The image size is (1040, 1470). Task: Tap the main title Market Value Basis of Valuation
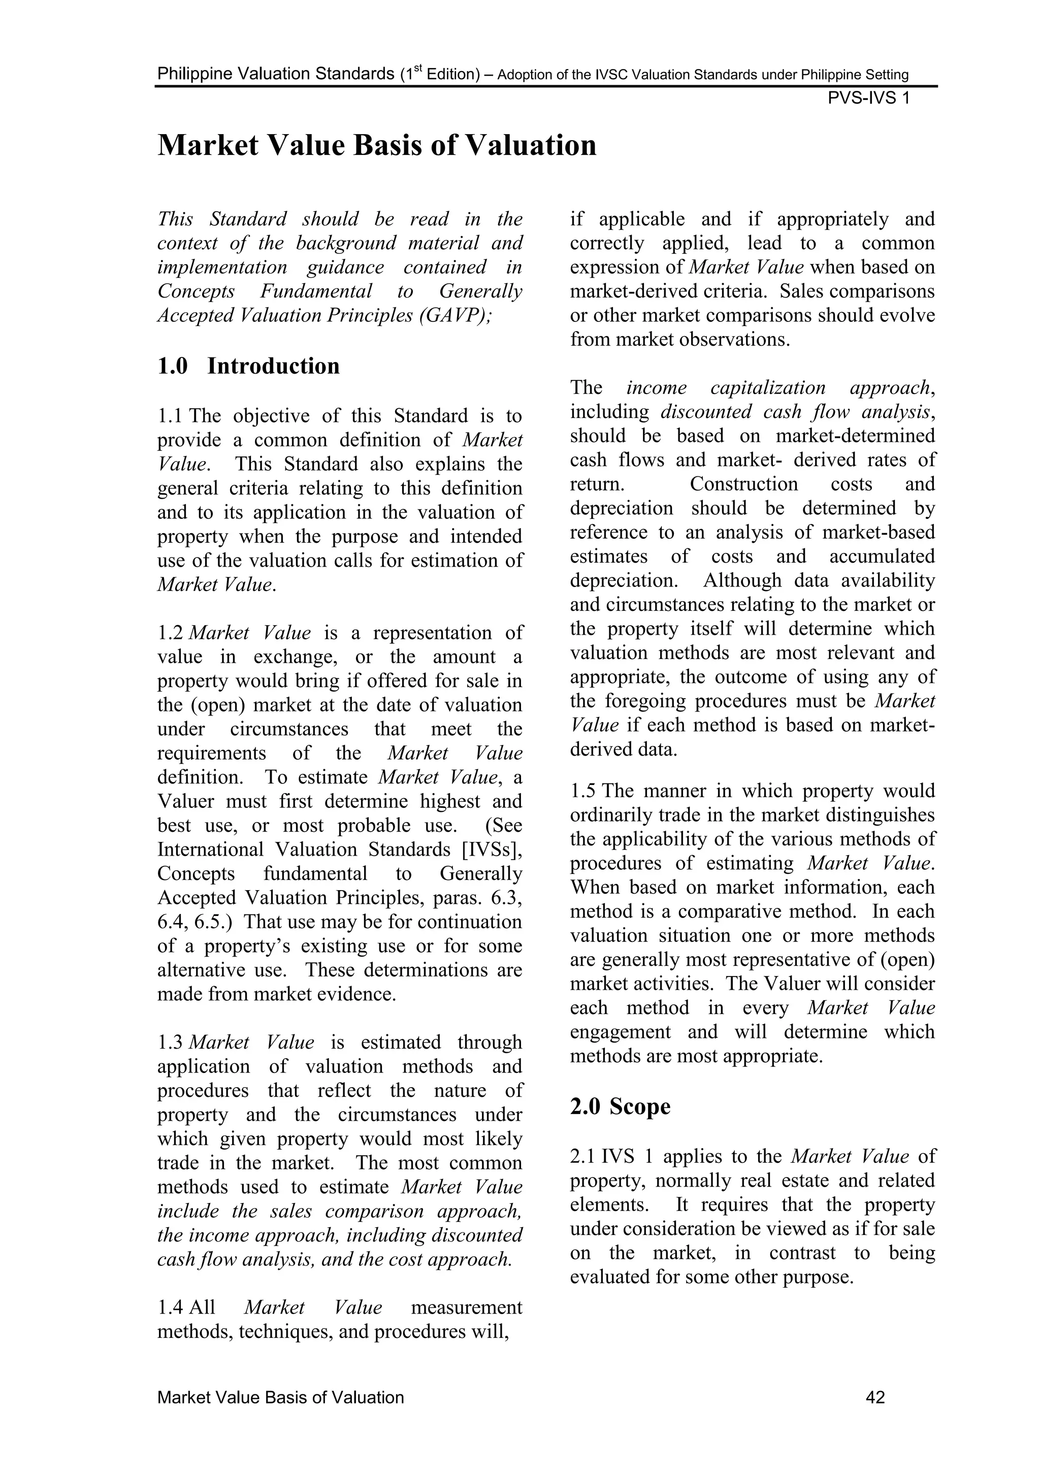(x=377, y=145)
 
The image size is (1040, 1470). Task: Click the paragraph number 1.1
(x=170, y=416)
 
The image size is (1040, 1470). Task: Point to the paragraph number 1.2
(x=170, y=633)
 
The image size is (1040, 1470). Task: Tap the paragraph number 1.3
(x=170, y=1042)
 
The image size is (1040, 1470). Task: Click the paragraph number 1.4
(x=170, y=1308)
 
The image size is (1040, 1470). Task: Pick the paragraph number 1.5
(x=583, y=791)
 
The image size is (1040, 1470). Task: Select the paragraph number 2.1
(x=583, y=1156)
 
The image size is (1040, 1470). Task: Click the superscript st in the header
(x=415, y=69)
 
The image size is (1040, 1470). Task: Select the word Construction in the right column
(x=743, y=484)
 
